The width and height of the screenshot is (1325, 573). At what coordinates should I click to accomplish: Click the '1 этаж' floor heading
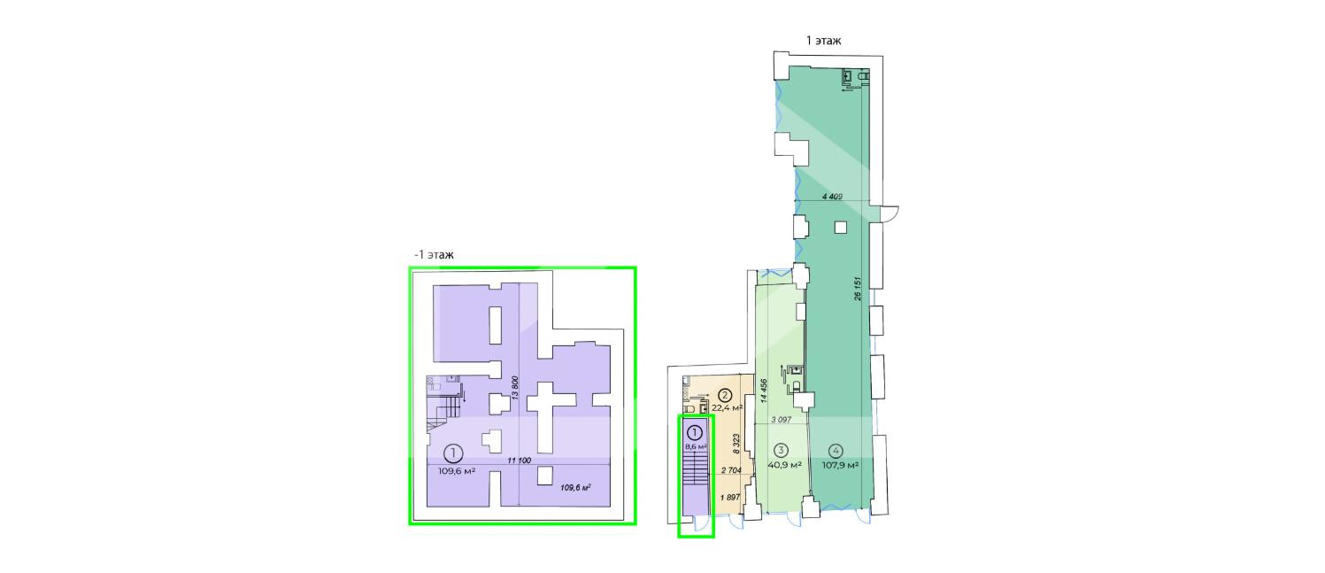(x=823, y=41)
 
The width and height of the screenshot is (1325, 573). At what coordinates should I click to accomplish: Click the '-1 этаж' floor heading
(x=435, y=255)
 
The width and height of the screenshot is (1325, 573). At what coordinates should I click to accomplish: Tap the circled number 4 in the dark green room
(x=836, y=451)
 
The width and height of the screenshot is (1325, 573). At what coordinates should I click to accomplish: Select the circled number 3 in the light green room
(x=780, y=451)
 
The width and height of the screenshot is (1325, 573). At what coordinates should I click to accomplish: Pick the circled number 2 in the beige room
(x=725, y=395)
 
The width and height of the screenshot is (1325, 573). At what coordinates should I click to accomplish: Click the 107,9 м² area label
(x=840, y=465)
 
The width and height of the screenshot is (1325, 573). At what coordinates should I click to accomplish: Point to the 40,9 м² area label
(x=784, y=465)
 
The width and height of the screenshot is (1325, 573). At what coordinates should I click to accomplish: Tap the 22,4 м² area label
(x=727, y=408)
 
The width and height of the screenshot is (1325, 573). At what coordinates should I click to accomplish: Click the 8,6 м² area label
(x=697, y=447)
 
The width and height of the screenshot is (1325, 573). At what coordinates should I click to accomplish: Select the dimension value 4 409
(x=832, y=197)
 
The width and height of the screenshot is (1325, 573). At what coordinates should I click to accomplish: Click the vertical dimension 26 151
(x=858, y=290)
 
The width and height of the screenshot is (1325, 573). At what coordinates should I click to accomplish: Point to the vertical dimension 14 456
(x=764, y=391)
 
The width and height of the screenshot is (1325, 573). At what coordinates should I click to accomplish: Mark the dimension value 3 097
(x=781, y=420)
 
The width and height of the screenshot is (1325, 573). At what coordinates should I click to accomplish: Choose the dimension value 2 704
(x=731, y=470)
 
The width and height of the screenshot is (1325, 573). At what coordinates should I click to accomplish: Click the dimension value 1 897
(x=730, y=498)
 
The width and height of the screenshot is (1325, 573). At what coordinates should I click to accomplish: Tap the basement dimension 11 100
(x=519, y=461)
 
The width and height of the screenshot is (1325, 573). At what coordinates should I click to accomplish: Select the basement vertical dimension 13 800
(x=515, y=388)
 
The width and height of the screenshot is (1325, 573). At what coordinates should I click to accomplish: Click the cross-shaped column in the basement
(x=551, y=416)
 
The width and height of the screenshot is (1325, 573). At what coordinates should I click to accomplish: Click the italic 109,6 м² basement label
(x=575, y=488)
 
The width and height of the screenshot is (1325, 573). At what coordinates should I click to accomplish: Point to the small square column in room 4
(x=841, y=228)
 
